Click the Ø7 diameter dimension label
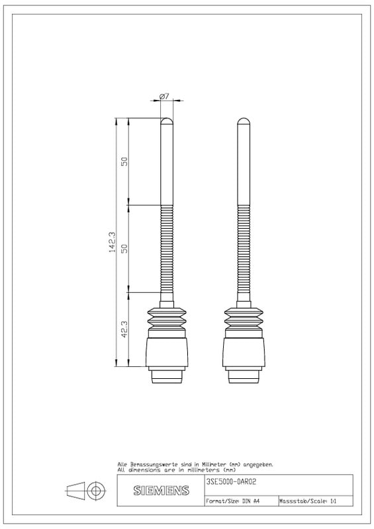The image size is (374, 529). tap(164, 96)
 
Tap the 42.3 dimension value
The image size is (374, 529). tap(124, 329)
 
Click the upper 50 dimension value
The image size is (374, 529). tap(124, 161)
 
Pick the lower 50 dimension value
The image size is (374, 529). tap(124, 249)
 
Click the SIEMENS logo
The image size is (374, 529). tap(161, 490)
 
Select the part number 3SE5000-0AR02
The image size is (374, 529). tap(231, 482)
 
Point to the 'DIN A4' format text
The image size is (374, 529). tap(251, 501)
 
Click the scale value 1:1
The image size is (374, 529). tap(334, 501)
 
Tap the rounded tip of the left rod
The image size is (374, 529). tap(167, 121)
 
